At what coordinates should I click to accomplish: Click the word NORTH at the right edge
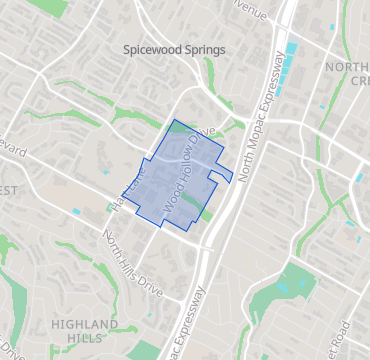[347, 67]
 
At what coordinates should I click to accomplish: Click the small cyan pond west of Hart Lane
[76, 212]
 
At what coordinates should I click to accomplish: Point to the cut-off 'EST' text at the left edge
[8, 190]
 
